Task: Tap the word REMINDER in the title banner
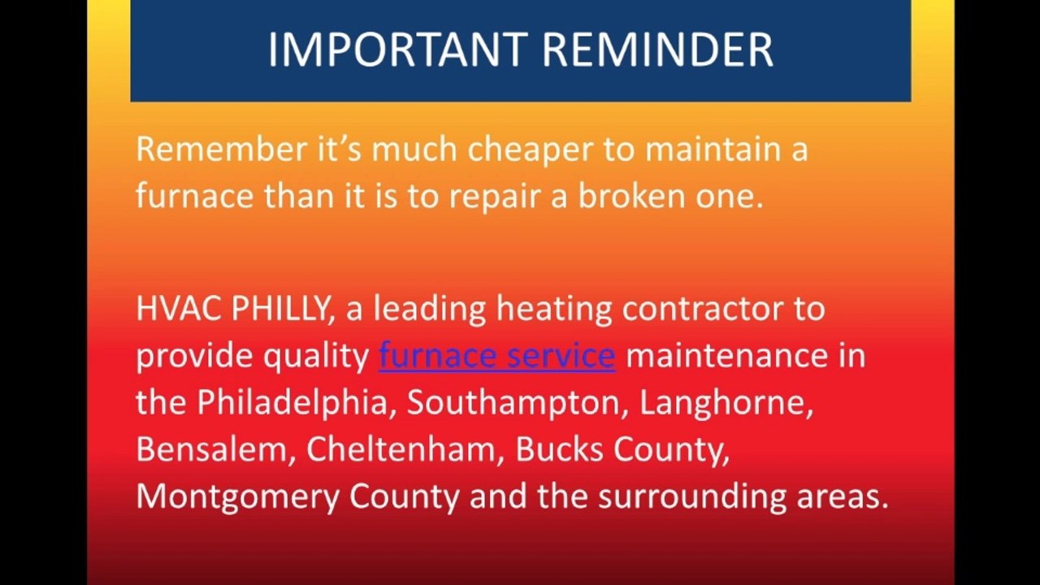coord(658,50)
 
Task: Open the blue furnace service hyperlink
coord(496,356)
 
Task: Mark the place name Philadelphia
coord(296,404)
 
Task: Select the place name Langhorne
coord(726,404)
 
